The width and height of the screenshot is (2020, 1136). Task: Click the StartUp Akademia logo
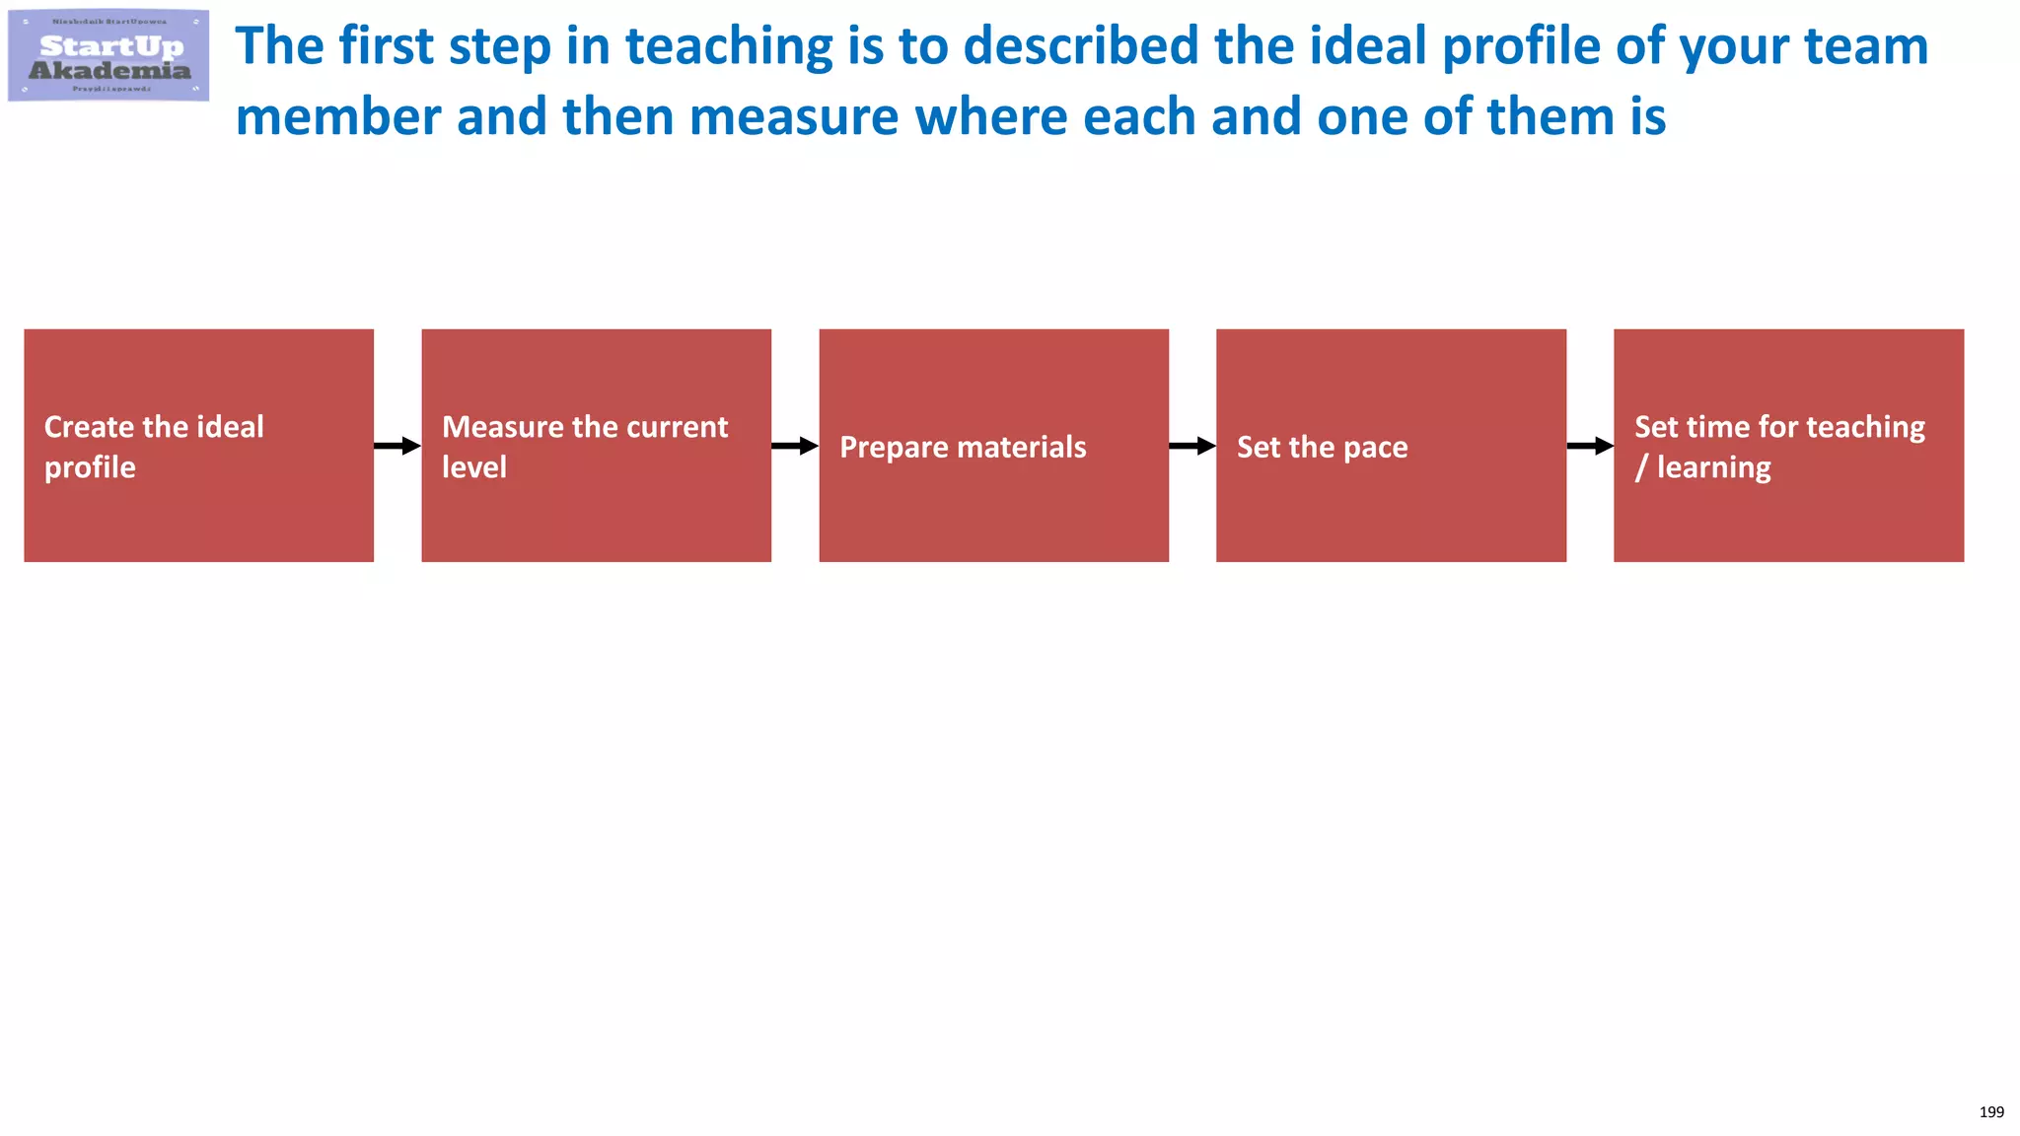point(108,56)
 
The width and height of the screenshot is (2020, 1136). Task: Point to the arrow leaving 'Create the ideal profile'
point(397,446)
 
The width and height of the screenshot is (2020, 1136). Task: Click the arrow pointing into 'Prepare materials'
point(795,446)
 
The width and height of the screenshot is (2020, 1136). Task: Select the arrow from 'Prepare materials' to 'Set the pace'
point(1192,446)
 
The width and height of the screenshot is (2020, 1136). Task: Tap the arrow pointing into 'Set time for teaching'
point(1590,446)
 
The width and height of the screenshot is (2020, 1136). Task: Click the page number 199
point(1991,1112)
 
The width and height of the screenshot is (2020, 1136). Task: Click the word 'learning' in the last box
point(1713,468)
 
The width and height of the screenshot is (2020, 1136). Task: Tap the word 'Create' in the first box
point(89,427)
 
